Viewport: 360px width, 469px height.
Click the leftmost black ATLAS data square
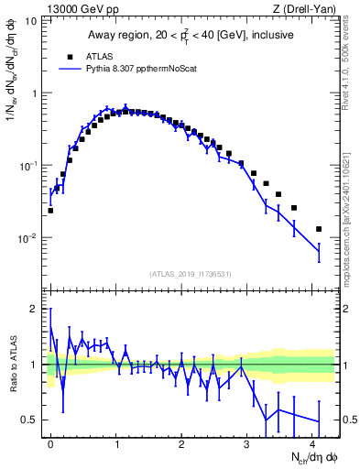point(50,210)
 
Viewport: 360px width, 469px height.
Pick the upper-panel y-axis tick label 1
point(34,93)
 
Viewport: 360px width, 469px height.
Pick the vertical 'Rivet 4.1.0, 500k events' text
point(351,55)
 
